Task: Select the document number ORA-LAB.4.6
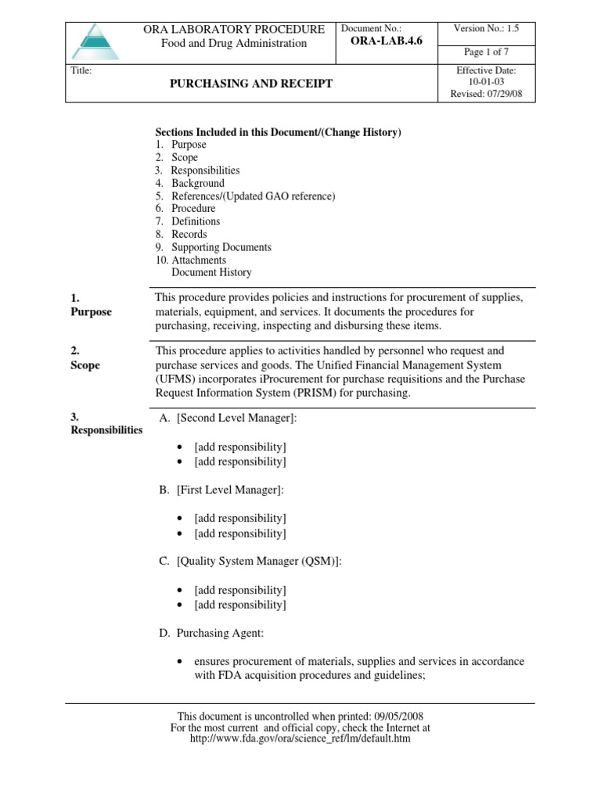coord(382,41)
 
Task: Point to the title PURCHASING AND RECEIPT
coord(251,84)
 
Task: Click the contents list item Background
coord(198,183)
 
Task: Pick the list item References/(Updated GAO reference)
coord(253,196)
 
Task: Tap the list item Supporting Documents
coord(221,247)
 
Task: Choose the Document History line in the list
coord(211,272)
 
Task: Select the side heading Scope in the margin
coord(85,365)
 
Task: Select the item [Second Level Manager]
coord(236,418)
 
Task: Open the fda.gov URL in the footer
coord(300,738)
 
